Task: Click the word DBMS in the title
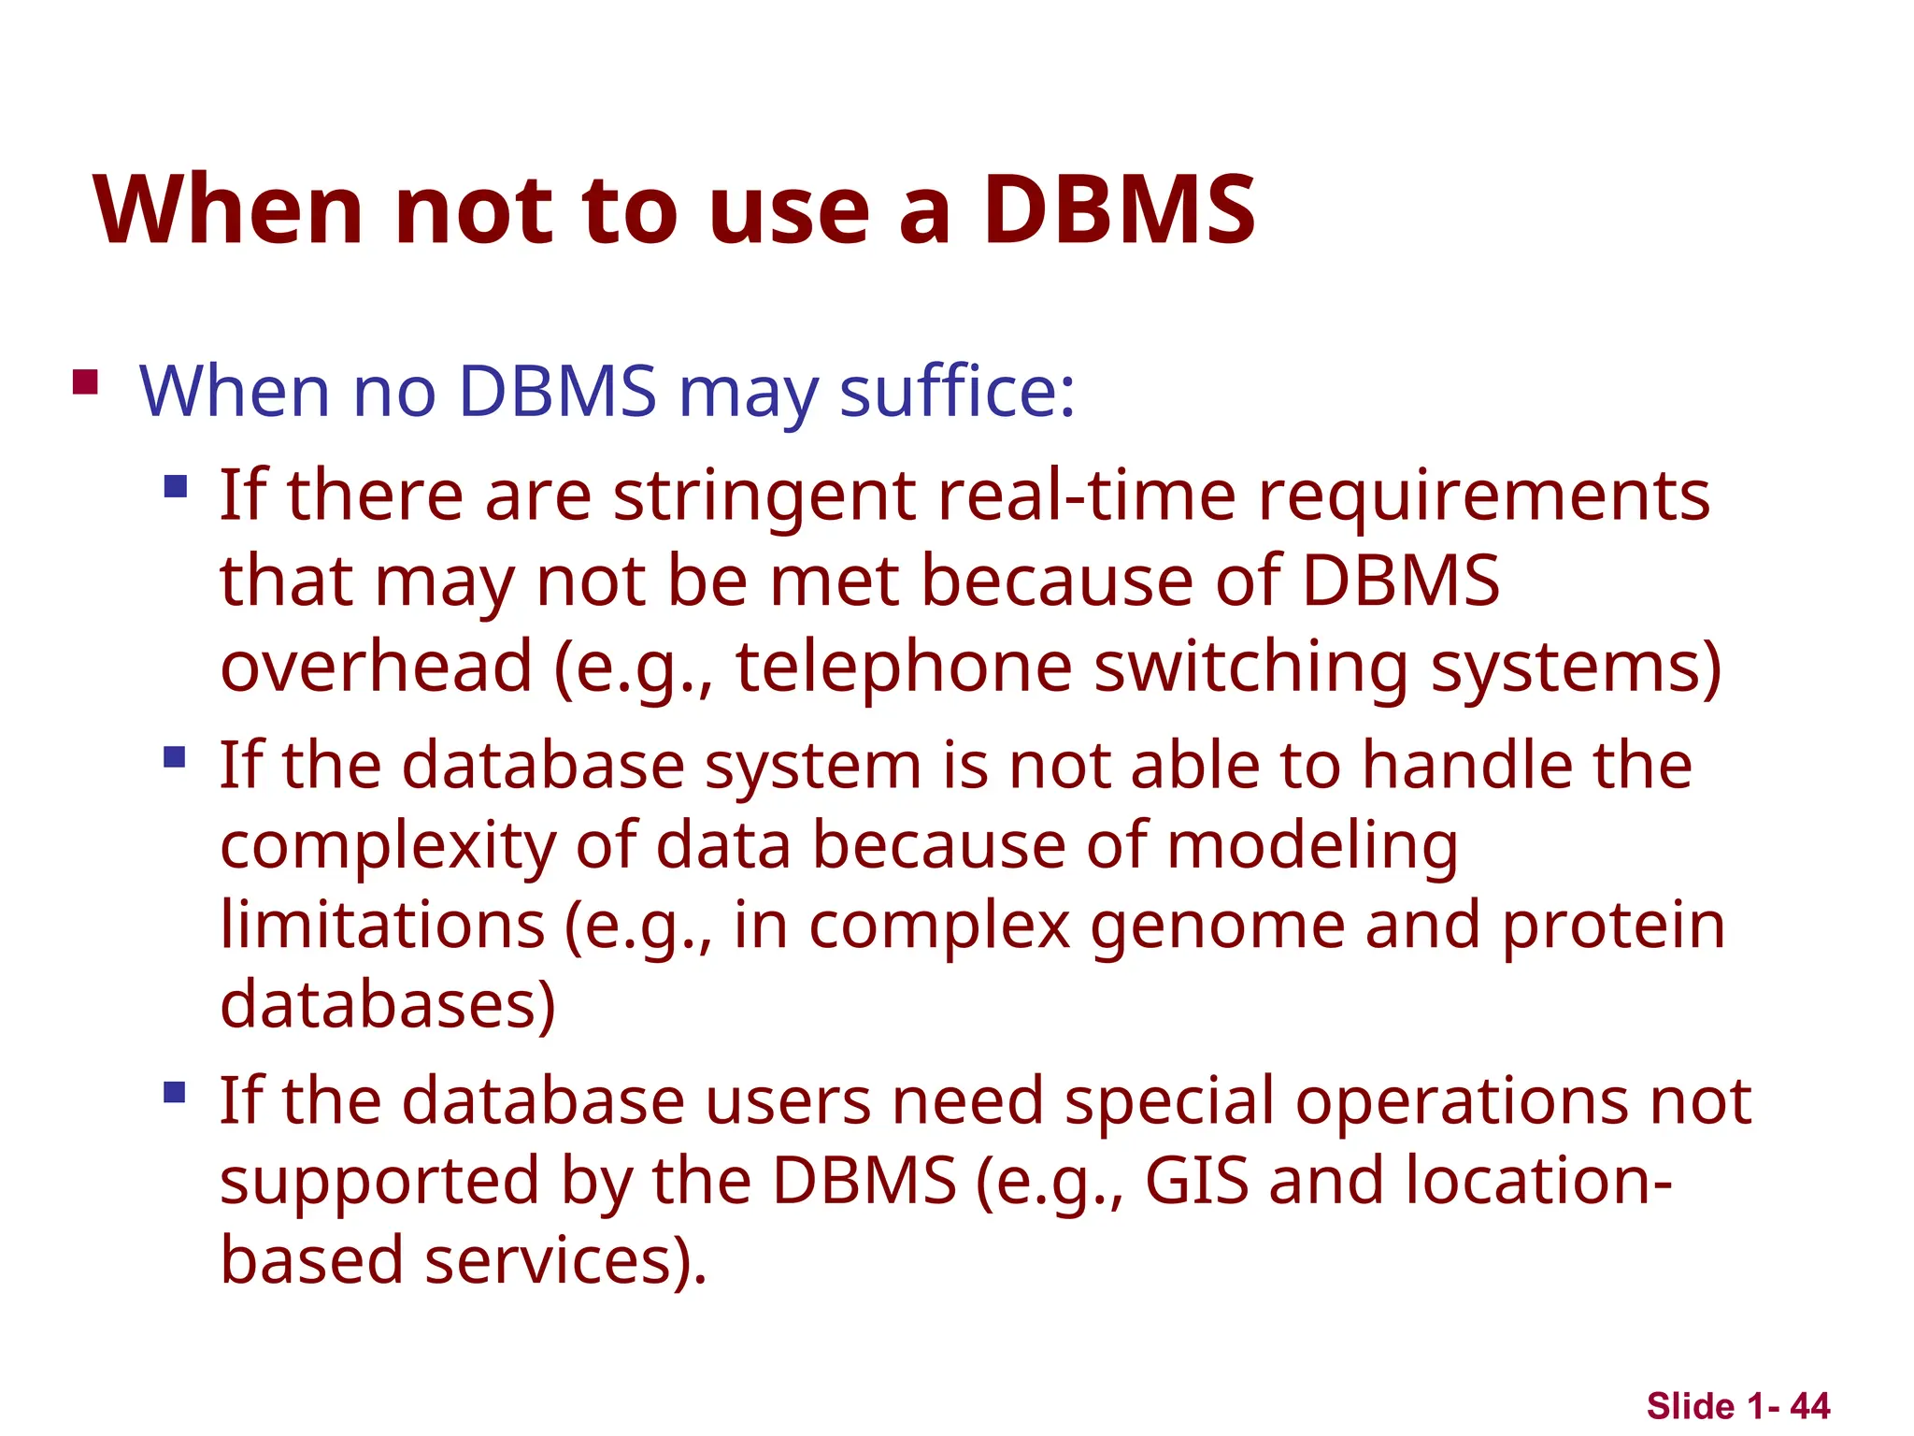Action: [1119, 210]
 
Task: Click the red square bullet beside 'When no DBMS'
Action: [85, 382]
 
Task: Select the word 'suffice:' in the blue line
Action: [957, 391]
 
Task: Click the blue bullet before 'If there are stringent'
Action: [175, 486]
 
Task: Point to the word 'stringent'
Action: [764, 497]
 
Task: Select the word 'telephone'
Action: [904, 668]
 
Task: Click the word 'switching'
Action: [1250, 668]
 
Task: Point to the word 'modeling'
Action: [1312, 847]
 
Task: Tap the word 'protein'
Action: [1613, 927]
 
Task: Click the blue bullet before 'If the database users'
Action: [175, 1092]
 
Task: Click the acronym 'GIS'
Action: [1196, 1180]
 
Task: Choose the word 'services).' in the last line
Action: [565, 1260]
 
